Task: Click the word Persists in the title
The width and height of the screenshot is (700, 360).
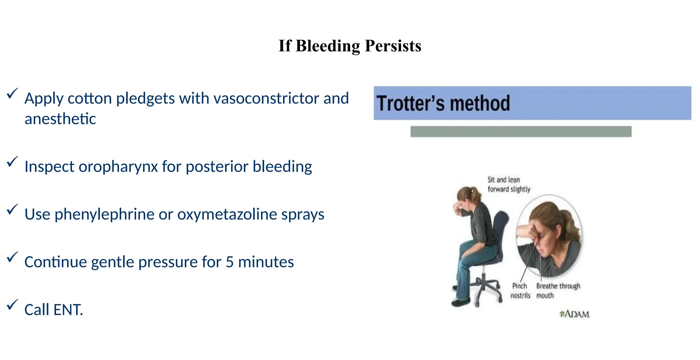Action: (393, 46)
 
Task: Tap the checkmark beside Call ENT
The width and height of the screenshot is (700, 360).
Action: (12, 304)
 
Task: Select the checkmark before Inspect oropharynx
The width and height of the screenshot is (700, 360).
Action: (12, 161)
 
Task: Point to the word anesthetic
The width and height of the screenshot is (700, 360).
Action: (60, 119)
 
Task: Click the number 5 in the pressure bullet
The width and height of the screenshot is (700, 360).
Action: (230, 262)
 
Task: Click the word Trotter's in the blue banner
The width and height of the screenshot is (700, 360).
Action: (409, 103)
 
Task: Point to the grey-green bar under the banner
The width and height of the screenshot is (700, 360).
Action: (521, 131)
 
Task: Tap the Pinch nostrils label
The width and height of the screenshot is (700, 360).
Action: (520, 291)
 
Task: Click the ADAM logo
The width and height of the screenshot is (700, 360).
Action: (575, 314)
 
